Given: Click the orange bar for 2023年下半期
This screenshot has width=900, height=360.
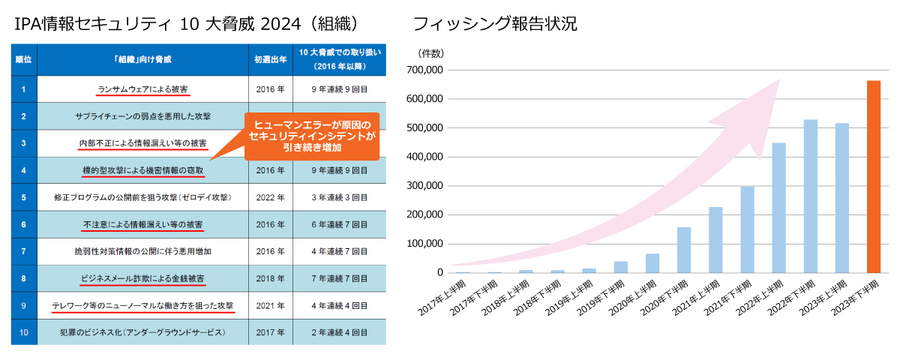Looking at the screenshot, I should [x=874, y=177].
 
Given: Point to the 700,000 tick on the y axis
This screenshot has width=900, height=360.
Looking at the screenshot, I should [x=424, y=70].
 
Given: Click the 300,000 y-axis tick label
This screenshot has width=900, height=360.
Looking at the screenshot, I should [x=424, y=186].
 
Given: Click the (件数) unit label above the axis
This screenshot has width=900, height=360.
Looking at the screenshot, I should [x=430, y=52].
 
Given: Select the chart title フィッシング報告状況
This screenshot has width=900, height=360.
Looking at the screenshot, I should [x=495, y=24].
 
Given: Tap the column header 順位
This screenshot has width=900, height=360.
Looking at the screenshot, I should [x=24, y=59].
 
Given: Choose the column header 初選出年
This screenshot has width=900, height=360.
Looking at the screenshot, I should [x=269, y=59].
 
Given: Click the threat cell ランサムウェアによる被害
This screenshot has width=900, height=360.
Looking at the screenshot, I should [x=143, y=89].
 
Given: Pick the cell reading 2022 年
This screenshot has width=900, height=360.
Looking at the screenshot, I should [x=269, y=198].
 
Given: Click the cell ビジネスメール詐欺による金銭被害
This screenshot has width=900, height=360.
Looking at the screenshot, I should [x=143, y=278].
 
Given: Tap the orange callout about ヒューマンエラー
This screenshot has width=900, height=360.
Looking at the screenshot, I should [x=312, y=135].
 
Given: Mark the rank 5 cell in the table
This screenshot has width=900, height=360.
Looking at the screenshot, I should [x=24, y=198].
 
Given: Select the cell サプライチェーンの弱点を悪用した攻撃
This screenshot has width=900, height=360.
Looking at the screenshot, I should [x=143, y=116].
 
